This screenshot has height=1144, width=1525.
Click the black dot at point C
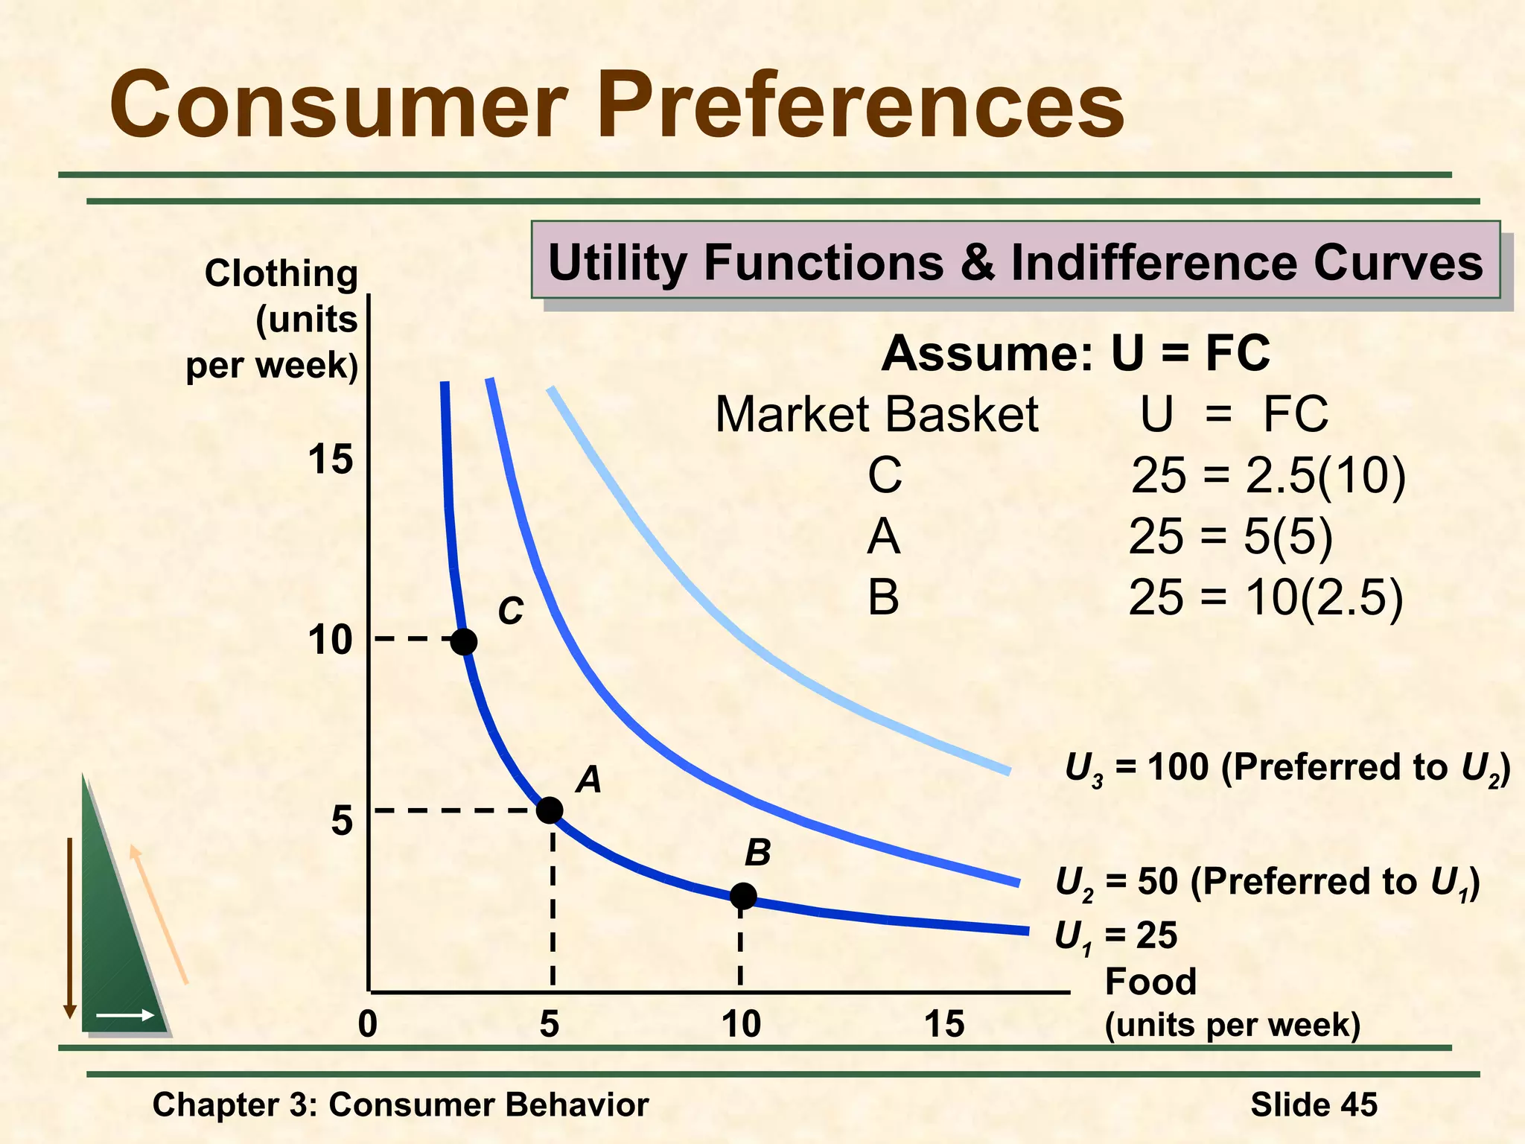point(464,641)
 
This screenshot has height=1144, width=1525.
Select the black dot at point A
point(550,810)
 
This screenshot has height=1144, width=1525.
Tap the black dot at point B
point(743,896)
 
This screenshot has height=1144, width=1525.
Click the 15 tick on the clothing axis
point(330,460)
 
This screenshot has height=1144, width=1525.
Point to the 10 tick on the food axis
point(741,1024)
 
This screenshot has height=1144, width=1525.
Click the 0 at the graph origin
point(368,1024)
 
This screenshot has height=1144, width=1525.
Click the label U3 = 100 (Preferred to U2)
point(1287,769)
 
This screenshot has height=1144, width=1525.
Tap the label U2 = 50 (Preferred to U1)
point(1267,883)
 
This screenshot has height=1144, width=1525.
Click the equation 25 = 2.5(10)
point(1268,475)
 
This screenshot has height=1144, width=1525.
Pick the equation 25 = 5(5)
point(1230,536)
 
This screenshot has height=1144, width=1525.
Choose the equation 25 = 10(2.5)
point(1265,597)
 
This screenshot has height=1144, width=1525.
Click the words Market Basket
point(876,414)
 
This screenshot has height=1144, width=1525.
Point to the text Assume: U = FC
point(1075,353)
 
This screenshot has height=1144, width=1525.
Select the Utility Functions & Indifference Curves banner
point(1015,261)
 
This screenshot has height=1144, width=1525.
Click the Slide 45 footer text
point(1314,1105)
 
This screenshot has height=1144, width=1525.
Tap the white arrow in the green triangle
point(125,1015)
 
